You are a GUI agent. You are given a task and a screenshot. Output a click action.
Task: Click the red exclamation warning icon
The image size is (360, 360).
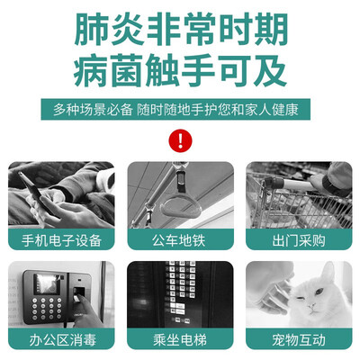tap(180, 140)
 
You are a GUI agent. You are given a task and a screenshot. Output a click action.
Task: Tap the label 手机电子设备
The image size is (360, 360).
tap(61, 240)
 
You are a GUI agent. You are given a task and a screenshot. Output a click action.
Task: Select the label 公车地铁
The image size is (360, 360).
tap(180, 240)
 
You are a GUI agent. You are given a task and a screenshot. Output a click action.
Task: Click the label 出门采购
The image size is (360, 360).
tap(299, 240)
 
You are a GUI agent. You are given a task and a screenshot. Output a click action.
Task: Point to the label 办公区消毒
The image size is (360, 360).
tap(61, 340)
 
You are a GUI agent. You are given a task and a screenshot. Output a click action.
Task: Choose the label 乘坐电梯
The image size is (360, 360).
tap(180, 340)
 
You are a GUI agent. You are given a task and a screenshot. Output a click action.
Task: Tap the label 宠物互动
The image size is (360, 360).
tap(299, 340)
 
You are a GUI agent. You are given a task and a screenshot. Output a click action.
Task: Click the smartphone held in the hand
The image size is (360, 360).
tap(33, 191)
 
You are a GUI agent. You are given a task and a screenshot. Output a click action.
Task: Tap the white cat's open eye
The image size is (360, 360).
tap(319, 292)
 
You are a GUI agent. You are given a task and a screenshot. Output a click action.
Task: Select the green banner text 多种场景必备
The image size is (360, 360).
tap(93, 110)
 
